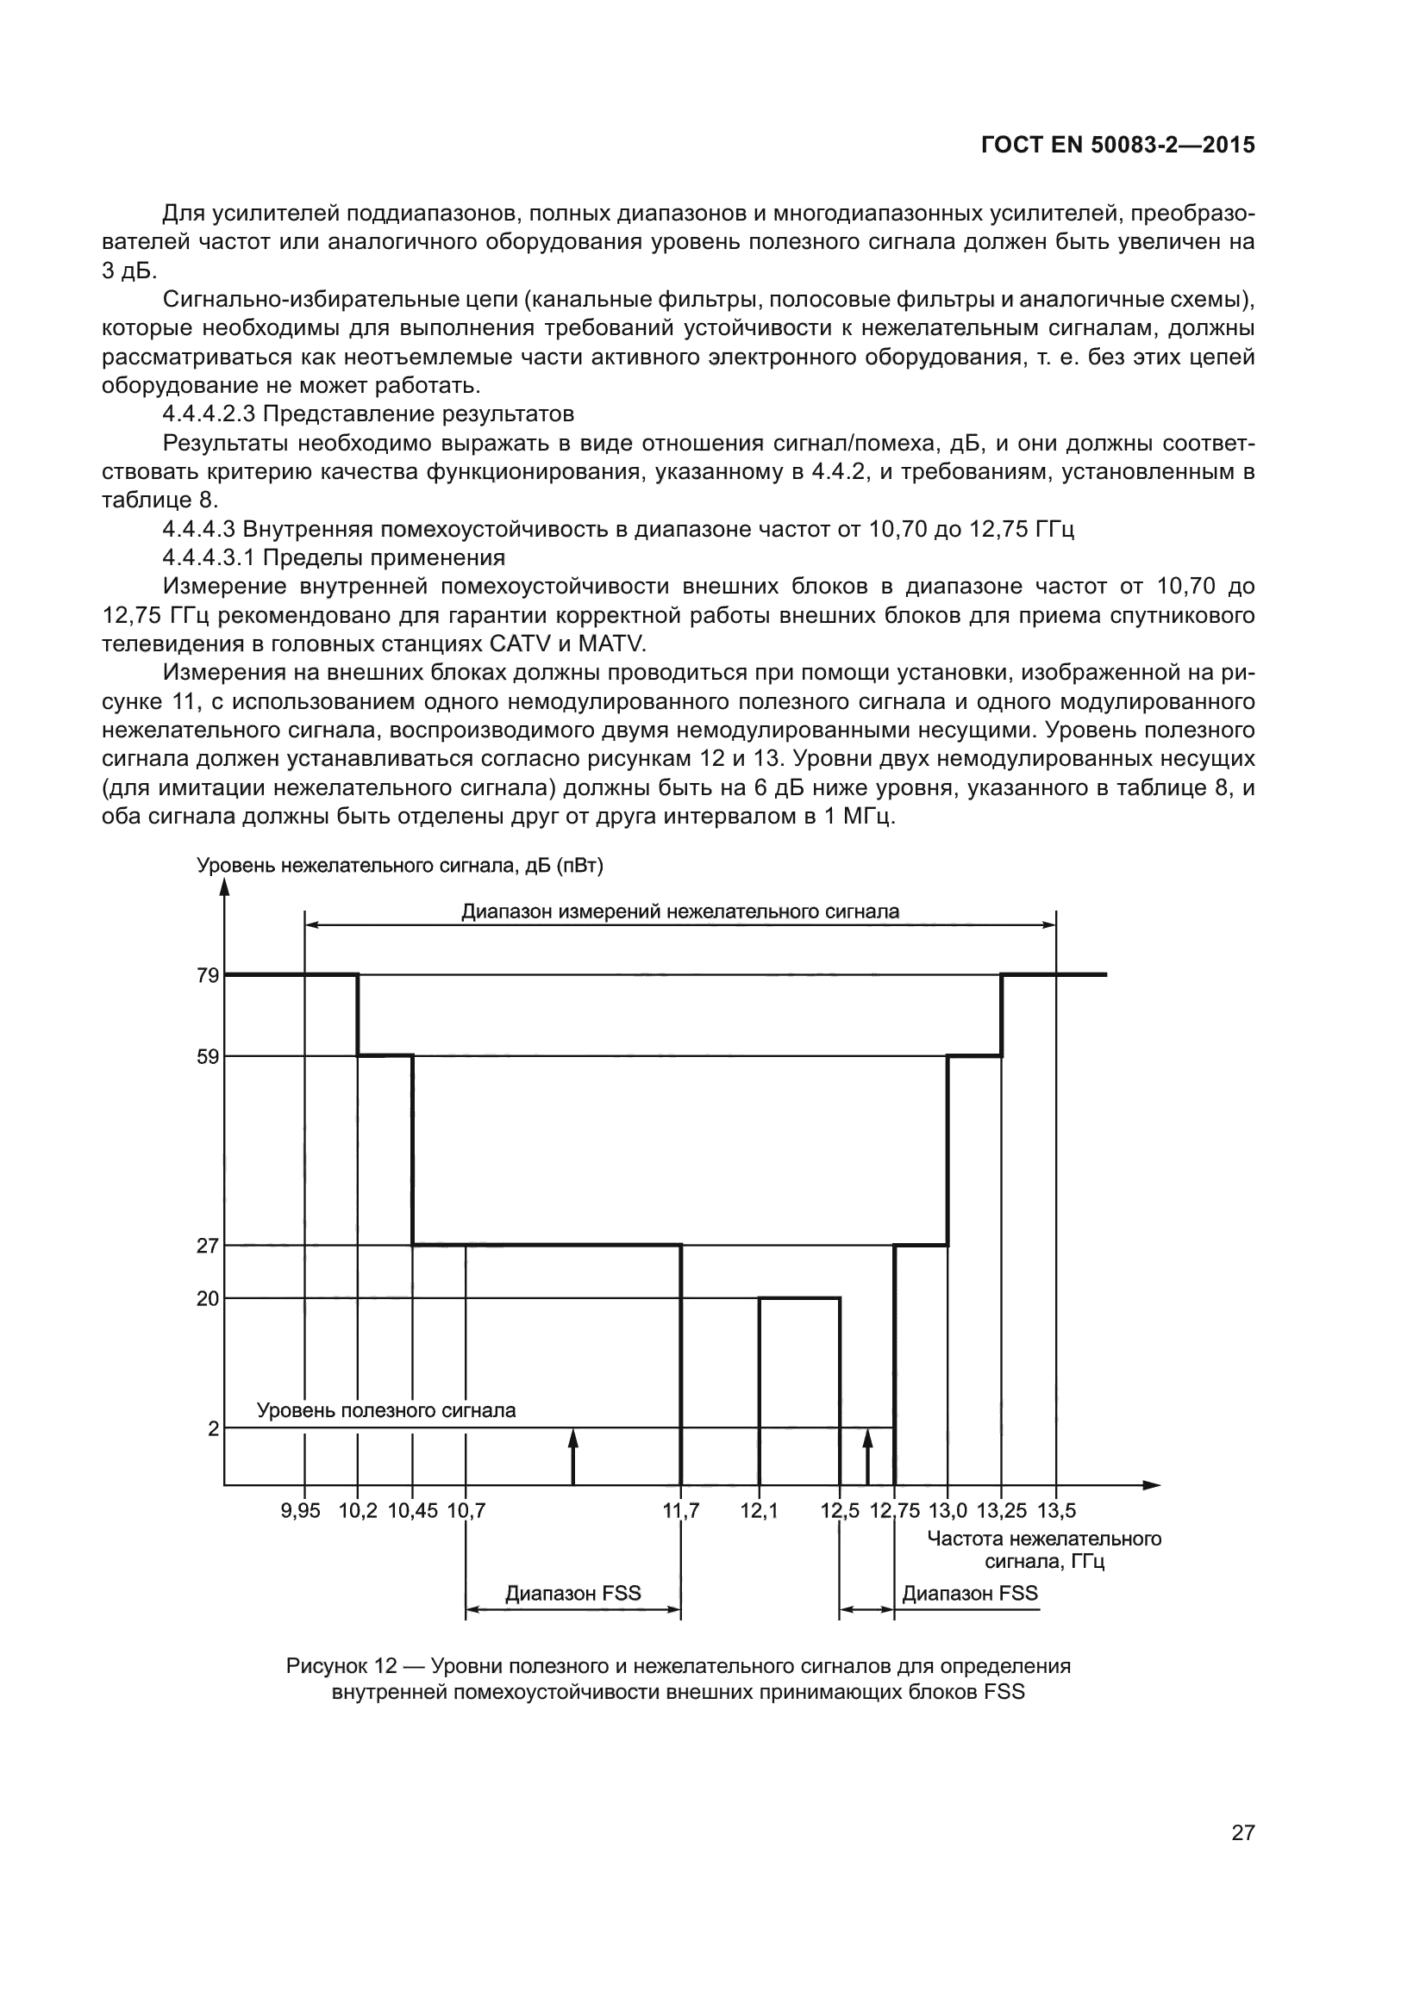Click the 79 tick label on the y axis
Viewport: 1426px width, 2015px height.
(207, 975)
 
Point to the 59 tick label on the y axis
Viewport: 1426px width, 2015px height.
(207, 1057)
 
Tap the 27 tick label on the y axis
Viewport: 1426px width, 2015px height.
(207, 1246)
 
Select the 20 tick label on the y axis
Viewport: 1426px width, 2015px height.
(207, 1298)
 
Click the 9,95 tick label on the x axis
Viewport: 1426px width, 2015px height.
(300, 1511)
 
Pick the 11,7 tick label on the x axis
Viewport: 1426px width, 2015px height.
(680, 1511)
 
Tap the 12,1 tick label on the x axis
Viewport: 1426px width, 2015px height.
(759, 1511)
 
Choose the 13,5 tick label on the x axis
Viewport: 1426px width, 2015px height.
(1056, 1511)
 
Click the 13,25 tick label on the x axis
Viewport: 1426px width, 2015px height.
(1001, 1511)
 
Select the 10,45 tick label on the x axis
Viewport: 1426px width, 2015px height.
(412, 1511)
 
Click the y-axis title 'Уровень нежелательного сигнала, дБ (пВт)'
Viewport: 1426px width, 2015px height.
(399, 866)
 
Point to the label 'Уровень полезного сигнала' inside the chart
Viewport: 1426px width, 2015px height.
(385, 1410)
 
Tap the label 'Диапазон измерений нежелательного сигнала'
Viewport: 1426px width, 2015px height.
(680, 911)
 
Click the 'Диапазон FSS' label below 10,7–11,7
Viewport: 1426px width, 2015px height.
(572, 1594)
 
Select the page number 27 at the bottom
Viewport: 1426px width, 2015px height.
(1242, 1832)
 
